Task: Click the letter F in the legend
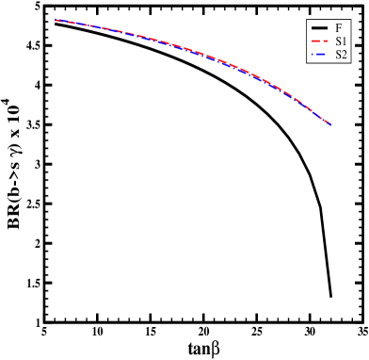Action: [339, 27]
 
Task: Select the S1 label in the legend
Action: [341, 41]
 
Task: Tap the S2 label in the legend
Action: [341, 55]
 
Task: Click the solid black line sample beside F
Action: [319, 27]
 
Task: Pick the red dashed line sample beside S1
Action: [319, 41]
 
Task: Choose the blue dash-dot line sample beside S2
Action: [319, 55]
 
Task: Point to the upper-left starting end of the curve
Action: [56, 20]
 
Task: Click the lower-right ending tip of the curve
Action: [330, 124]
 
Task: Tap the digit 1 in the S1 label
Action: [345, 41]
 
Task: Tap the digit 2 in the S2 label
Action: [345, 55]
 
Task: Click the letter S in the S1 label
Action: [338, 41]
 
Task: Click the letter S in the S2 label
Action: [338, 55]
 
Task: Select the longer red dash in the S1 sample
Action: [316, 41]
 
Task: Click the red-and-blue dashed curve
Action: [188, 50]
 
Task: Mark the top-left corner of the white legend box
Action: [308, 20]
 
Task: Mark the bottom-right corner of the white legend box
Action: [350, 63]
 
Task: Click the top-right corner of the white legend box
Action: [350, 20]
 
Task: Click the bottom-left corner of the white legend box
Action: [308, 63]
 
